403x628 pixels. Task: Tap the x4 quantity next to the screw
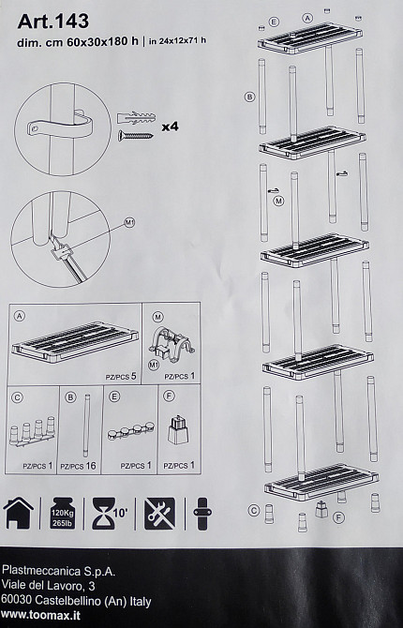coord(171,127)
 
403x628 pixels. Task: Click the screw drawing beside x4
coord(135,135)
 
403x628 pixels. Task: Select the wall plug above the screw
coord(136,118)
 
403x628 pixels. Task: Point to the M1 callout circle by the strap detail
coord(129,223)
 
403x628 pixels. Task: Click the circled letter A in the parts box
coord(20,316)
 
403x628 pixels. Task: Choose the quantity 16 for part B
coord(91,466)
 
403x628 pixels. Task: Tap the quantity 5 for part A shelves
coord(133,376)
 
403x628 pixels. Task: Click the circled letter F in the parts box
coord(170,396)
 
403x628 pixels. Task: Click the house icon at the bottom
coord(19,513)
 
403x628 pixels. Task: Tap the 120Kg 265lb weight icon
coord(63,514)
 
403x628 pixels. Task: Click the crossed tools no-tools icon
coord(159,514)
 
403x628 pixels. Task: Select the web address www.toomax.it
coord(40,615)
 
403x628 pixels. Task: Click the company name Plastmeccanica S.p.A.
coord(58,571)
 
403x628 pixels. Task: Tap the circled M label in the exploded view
coord(278,201)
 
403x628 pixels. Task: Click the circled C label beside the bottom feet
coord(253,511)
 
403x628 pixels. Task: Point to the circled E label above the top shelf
coord(274,22)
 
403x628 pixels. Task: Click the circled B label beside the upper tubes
coord(250,97)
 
